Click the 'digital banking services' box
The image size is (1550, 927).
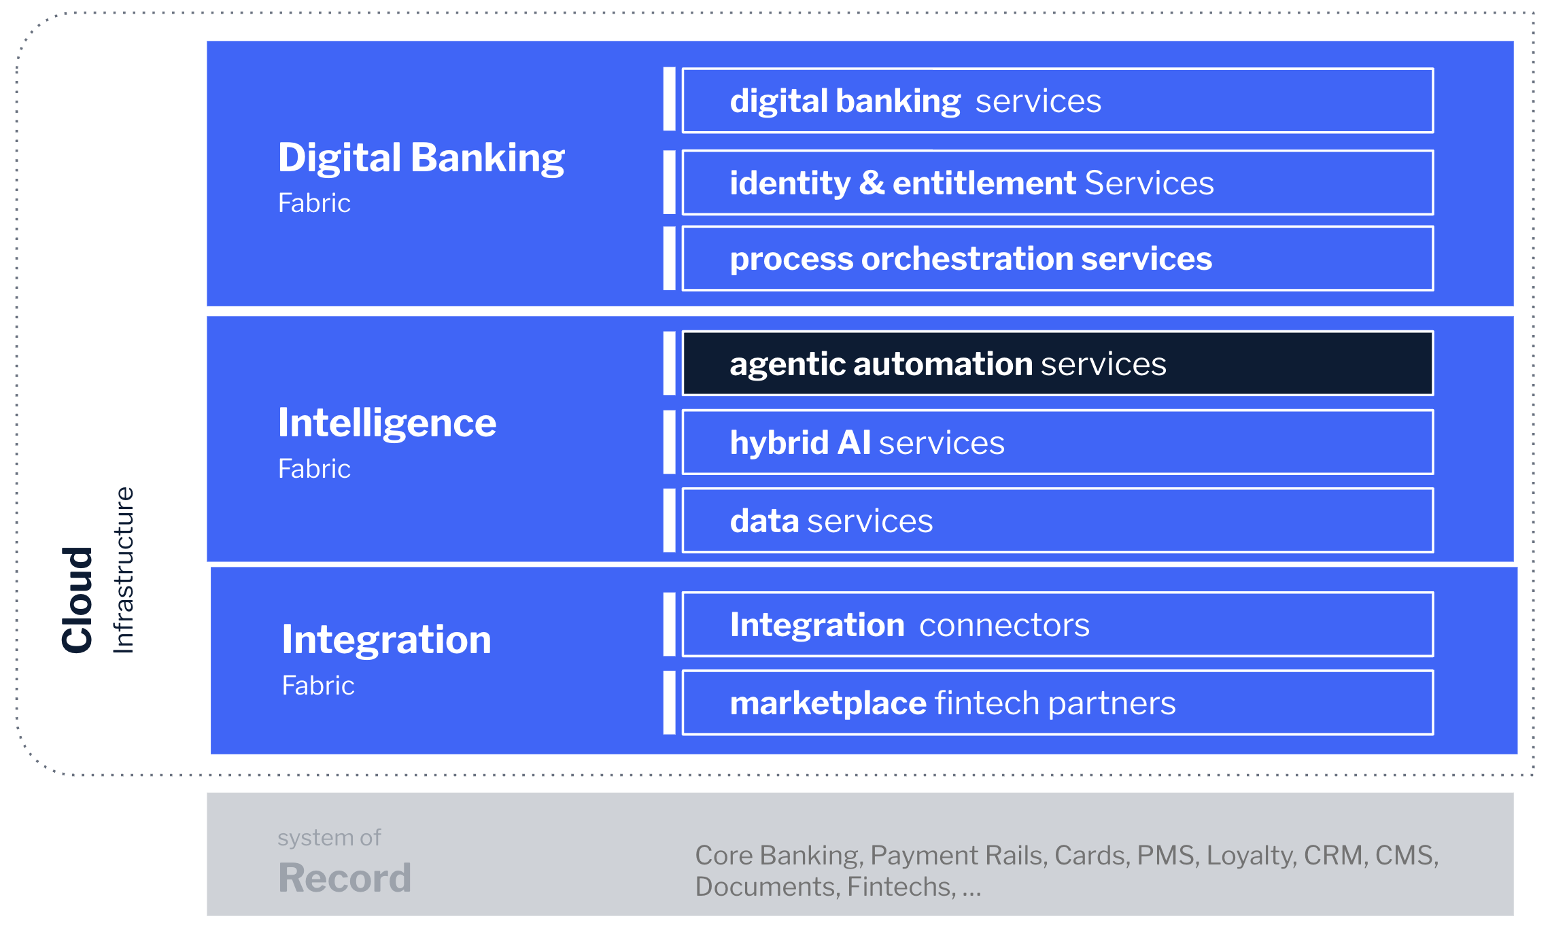point(1057,101)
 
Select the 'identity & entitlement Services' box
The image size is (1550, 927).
point(1057,183)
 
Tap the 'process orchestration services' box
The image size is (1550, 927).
point(1057,259)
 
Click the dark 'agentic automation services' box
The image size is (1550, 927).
point(1057,364)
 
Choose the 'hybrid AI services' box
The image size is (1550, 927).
point(1057,442)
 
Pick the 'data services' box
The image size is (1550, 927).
point(1057,521)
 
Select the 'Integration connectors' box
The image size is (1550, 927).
point(1057,625)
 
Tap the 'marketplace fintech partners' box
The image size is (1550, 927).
point(1057,703)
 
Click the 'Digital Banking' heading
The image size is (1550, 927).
point(421,158)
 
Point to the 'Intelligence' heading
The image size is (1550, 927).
point(387,423)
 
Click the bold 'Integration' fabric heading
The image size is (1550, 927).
point(386,640)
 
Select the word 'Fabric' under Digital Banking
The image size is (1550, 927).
point(314,203)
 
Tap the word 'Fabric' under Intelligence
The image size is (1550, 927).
point(314,469)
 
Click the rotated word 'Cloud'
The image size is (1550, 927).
point(77,599)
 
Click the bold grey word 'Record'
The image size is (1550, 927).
point(345,877)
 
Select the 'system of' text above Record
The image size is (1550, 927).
point(329,838)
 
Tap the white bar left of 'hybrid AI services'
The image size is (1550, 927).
point(669,442)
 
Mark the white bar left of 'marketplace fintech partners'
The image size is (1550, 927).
point(669,703)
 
